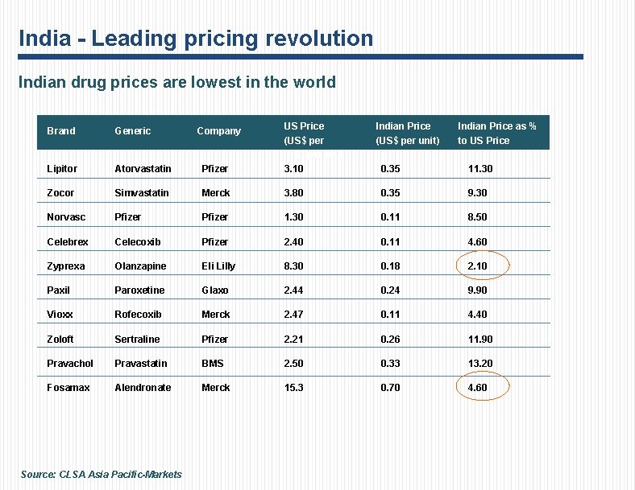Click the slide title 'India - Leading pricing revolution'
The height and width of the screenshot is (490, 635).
pyautogui.click(x=196, y=38)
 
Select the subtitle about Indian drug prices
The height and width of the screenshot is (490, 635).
pyautogui.click(x=176, y=82)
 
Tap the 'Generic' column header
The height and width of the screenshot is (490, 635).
pyautogui.click(x=132, y=131)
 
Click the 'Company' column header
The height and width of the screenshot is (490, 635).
pyautogui.click(x=218, y=131)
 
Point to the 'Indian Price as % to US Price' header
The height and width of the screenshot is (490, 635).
pyautogui.click(x=496, y=133)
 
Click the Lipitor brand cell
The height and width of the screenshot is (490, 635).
pyautogui.click(x=62, y=169)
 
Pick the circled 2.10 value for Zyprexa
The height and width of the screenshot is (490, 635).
pyautogui.click(x=478, y=266)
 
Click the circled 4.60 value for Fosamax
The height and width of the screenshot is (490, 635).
pyautogui.click(x=478, y=388)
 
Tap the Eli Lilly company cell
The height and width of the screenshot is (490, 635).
pyautogui.click(x=218, y=266)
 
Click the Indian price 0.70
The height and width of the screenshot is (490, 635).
pyautogui.click(x=390, y=388)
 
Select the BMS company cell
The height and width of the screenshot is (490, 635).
pyautogui.click(x=213, y=364)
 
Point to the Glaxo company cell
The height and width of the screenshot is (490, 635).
pyautogui.click(x=215, y=290)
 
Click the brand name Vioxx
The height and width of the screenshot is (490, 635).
pyautogui.click(x=60, y=315)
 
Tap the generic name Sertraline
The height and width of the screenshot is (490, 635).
pyautogui.click(x=137, y=340)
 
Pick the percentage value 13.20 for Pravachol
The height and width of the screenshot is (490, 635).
pyautogui.click(x=480, y=364)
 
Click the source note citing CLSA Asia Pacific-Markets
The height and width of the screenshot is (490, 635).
pyautogui.click(x=102, y=475)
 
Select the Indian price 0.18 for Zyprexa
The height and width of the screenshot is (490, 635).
pyautogui.click(x=390, y=266)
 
